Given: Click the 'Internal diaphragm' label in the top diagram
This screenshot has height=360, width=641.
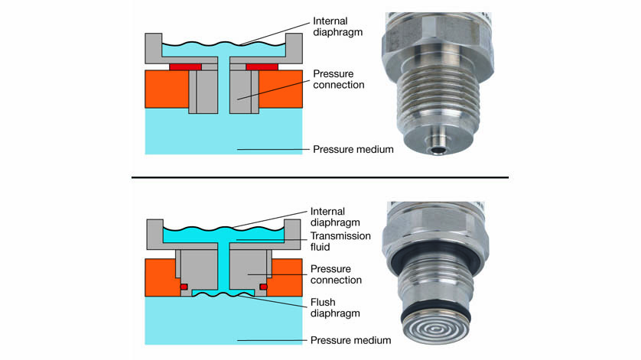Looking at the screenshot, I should (x=339, y=26).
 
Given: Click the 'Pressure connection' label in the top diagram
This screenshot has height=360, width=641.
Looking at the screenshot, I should (x=339, y=79).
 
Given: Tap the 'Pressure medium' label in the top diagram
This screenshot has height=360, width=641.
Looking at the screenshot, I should (x=353, y=149).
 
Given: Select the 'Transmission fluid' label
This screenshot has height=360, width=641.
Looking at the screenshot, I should (x=340, y=242).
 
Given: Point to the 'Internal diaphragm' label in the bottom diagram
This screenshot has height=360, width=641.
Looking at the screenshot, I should (x=339, y=216).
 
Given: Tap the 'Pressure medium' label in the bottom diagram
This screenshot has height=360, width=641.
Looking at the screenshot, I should (x=353, y=339).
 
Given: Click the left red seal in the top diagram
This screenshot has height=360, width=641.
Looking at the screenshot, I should (x=185, y=67).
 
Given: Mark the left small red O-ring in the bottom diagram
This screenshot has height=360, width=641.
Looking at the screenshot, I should (x=184, y=287).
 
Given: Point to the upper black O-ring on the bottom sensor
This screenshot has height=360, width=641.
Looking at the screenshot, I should (x=438, y=261).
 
